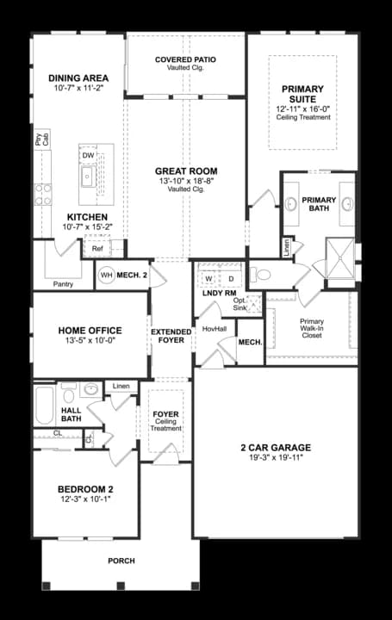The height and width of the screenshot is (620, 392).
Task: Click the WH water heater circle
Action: click(x=107, y=276)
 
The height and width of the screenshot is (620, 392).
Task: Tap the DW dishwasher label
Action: click(x=88, y=155)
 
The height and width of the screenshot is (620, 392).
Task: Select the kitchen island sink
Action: click(x=87, y=177)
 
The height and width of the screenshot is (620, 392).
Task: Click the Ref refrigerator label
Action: click(x=97, y=248)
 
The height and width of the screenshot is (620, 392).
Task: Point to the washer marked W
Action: click(x=208, y=278)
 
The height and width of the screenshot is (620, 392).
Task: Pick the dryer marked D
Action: click(x=231, y=278)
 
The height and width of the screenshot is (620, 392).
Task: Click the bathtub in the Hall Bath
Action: click(x=45, y=405)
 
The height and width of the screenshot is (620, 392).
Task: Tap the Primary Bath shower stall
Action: click(x=340, y=258)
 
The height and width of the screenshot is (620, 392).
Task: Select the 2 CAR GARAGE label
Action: click(x=276, y=448)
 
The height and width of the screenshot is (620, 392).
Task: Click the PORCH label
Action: click(x=121, y=561)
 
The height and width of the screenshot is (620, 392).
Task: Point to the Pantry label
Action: click(x=63, y=284)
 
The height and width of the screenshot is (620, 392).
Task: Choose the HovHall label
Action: click(x=215, y=329)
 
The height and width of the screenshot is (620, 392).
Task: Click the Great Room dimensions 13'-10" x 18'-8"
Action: click(x=186, y=181)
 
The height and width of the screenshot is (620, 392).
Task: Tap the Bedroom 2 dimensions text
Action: click(x=85, y=499)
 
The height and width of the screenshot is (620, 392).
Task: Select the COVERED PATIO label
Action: click(x=185, y=59)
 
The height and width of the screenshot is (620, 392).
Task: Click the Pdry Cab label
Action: click(x=42, y=139)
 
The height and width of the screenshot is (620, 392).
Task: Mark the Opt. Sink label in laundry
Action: click(x=240, y=304)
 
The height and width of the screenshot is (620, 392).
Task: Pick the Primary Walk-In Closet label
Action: click(x=312, y=328)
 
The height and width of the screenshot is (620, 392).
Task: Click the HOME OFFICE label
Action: click(x=90, y=331)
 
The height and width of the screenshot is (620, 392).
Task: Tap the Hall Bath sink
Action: click(x=91, y=389)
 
